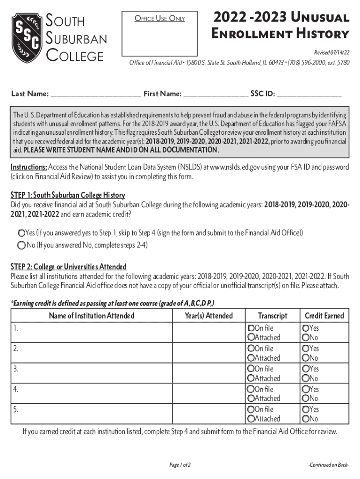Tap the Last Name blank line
[95, 94]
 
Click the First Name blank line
[216, 94]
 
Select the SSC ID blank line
[309, 94]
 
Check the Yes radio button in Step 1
[22, 233]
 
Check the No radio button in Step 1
[22, 245]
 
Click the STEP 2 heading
[69, 267]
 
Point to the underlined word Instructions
[29, 167]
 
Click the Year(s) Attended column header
[209, 316]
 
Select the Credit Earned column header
[324, 316]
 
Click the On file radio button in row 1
[251, 328]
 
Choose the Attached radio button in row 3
[251, 378]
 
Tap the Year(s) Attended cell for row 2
[209, 353]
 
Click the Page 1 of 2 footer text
[180, 465]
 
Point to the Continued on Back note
[329, 465]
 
